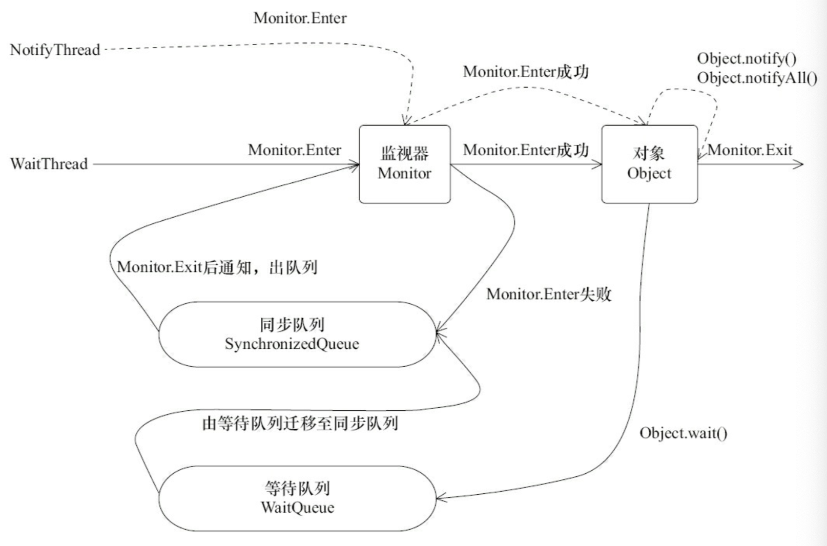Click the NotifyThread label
pyautogui.click(x=55, y=50)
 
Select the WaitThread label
pyautogui.click(x=49, y=164)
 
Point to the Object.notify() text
pyautogui.click(x=747, y=59)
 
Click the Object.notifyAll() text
pyautogui.click(x=757, y=78)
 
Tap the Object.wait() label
pyautogui.click(x=684, y=433)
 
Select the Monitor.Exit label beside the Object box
pyautogui.click(x=750, y=150)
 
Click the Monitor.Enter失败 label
pyautogui.click(x=549, y=294)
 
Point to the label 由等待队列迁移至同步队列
pyautogui.click(x=300, y=424)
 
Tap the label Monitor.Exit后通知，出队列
pyautogui.click(x=217, y=267)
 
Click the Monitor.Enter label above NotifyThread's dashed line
pyautogui.click(x=300, y=18)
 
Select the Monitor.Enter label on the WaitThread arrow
pyautogui.click(x=295, y=150)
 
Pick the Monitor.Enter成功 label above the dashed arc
pyautogui.click(x=526, y=72)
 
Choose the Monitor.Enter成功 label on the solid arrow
pyautogui.click(x=526, y=150)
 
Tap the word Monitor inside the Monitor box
pyautogui.click(x=404, y=173)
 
